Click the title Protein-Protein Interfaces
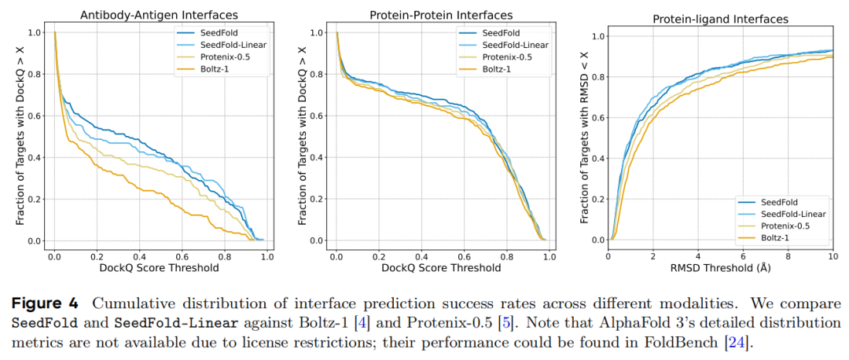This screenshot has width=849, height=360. [x=441, y=15]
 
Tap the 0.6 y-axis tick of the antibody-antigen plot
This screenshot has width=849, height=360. [x=36, y=116]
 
